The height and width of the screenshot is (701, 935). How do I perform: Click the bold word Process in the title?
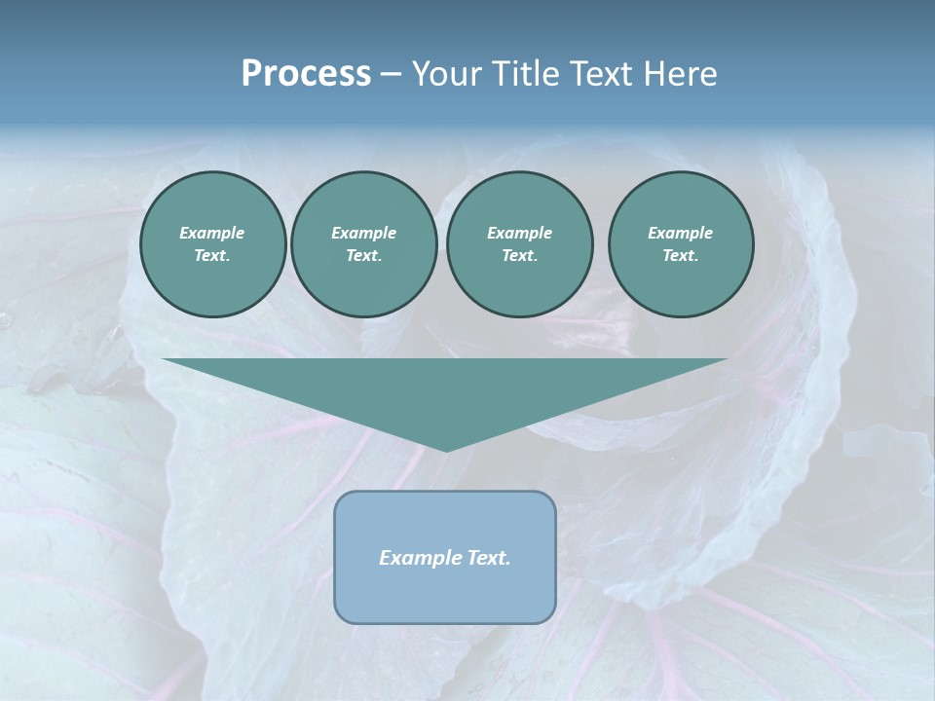coord(306,74)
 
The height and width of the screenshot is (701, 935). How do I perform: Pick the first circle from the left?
coord(213,244)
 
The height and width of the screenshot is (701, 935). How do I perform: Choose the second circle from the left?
coord(364,244)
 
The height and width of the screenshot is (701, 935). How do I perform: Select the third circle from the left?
coord(519,244)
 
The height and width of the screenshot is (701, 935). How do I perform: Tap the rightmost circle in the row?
coord(681,244)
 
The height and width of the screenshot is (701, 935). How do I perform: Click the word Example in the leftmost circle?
coord(212,233)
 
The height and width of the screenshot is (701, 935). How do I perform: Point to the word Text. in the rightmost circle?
coord(681,256)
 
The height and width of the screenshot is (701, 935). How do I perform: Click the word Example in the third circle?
coord(519,233)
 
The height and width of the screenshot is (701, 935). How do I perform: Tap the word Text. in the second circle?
coord(364,256)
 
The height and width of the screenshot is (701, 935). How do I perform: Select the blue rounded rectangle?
coord(445,594)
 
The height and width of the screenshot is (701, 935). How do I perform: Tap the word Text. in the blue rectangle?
coord(489,558)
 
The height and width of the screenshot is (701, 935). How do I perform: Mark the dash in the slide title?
coord(392,75)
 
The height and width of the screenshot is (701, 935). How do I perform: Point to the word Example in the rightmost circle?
coord(681,233)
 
